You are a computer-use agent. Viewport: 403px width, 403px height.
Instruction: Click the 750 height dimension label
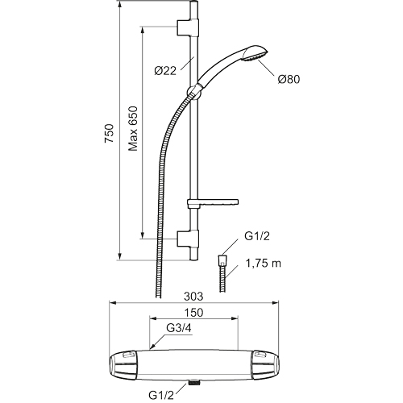pyautogui.click(x=110, y=133)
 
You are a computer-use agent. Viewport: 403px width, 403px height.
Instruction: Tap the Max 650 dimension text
pyautogui.click(x=133, y=129)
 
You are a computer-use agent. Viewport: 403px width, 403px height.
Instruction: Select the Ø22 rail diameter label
pyautogui.click(x=165, y=71)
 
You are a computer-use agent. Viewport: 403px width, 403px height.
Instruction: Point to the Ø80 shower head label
pyautogui.click(x=289, y=79)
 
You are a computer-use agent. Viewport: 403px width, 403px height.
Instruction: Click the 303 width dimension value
pyautogui.click(x=193, y=297)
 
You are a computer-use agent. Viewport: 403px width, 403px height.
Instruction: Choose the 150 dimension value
pyautogui.click(x=193, y=313)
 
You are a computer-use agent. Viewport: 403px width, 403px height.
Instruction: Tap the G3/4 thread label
pyautogui.click(x=179, y=328)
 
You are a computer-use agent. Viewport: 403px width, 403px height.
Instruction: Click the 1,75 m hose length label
pyautogui.click(x=264, y=264)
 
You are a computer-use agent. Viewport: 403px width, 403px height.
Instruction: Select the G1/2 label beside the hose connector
pyautogui.click(x=257, y=236)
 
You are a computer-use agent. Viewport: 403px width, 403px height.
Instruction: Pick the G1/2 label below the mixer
pyautogui.click(x=161, y=395)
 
